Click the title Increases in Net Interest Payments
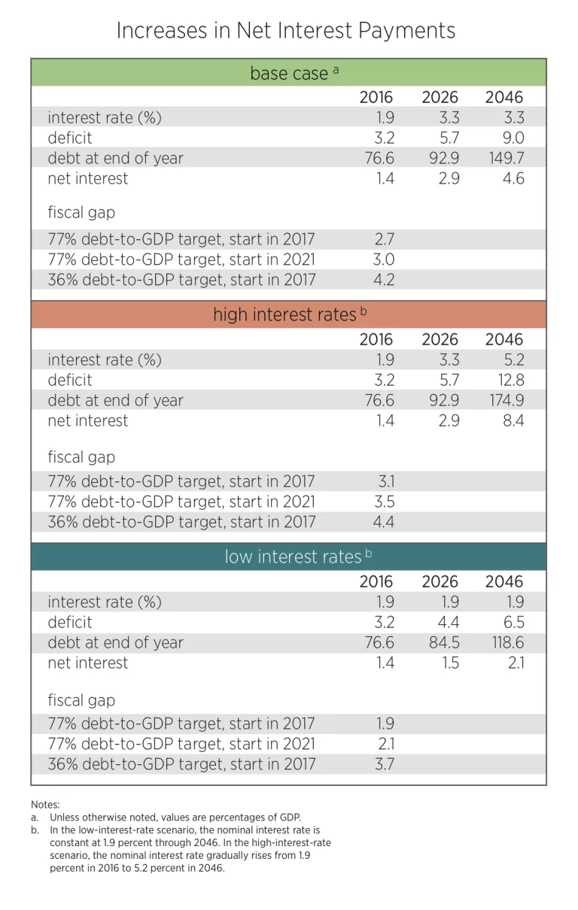tap(285, 30)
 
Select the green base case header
tap(288, 73)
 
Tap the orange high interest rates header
tap(288, 314)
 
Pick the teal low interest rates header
tap(288, 557)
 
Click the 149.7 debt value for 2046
tap(504, 158)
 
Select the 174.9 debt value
tap(504, 400)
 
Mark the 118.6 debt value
tap(505, 642)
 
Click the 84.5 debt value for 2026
tap(443, 642)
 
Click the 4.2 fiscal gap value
tap(384, 280)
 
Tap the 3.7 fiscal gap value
tap(384, 764)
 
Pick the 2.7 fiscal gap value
tap(384, 239)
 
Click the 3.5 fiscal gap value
tap(384, 502)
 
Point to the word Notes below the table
tap(45, 804)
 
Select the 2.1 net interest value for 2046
tap(514, 663)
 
